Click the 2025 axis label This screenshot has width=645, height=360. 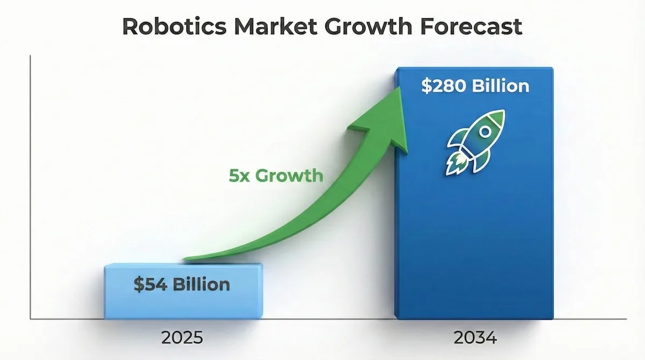click(182, 339)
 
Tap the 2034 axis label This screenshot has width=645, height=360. click(475, 339)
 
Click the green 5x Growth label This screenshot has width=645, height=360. click(276, 176)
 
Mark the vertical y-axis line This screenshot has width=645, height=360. click(31, 188)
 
